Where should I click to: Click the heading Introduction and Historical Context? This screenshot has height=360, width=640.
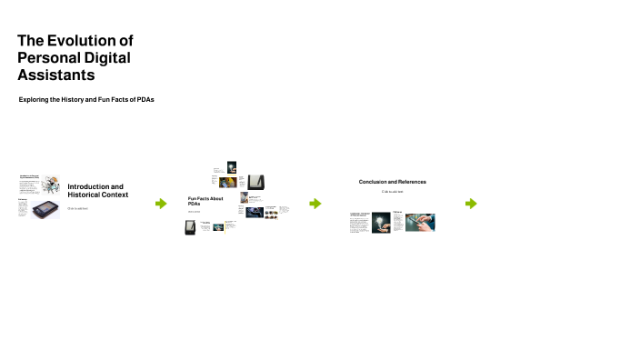(97, 191)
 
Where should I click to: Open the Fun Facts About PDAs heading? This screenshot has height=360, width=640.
(205, 201)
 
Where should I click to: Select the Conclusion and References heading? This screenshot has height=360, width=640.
(392, 182)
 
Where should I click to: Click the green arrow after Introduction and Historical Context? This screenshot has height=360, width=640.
(161, 204)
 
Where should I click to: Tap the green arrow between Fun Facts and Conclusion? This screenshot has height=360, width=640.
(315, 204)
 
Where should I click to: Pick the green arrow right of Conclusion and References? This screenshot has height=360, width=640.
(471, 204)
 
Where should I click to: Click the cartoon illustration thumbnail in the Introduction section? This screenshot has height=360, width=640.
(52, 184)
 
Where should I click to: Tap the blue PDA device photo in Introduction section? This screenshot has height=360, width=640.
(46, 210)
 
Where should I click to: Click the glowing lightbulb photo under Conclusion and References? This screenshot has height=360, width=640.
(381, 223)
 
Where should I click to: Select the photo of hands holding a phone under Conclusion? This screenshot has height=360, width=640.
(420, 223)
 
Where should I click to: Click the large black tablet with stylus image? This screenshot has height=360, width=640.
(256, 180)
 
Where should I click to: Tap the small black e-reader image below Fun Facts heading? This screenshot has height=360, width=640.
(190, 227)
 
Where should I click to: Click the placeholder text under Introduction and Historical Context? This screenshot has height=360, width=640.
(77, 208)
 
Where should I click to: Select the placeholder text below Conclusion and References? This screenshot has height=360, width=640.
(392, 192)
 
